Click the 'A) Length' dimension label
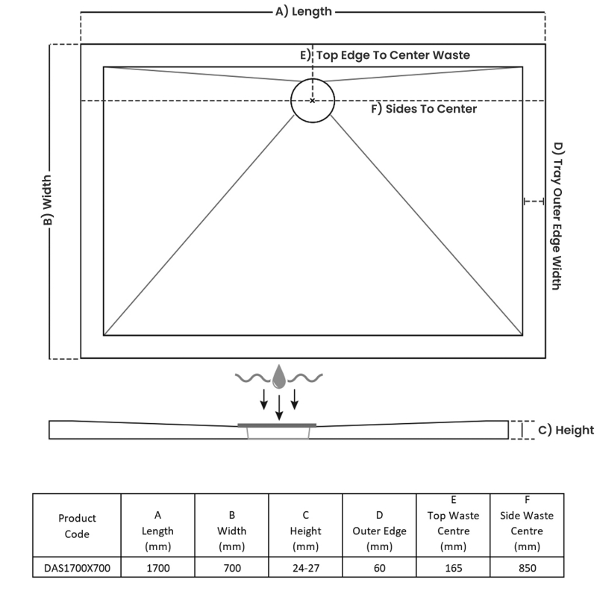[x=303, y=11]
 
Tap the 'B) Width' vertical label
[x=47, y=201]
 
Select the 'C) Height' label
[x=566, y=430]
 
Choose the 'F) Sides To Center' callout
[x=424, y=109]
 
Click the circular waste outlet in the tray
[x=313, y=100]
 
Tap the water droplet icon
[x=278, y=376]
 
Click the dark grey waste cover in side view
[x=277, y=425]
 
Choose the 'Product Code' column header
[x=76, y=525]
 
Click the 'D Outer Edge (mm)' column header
[x=379, y=531]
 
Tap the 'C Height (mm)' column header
[x=306, y=531]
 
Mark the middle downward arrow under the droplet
[x=279, y=407]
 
